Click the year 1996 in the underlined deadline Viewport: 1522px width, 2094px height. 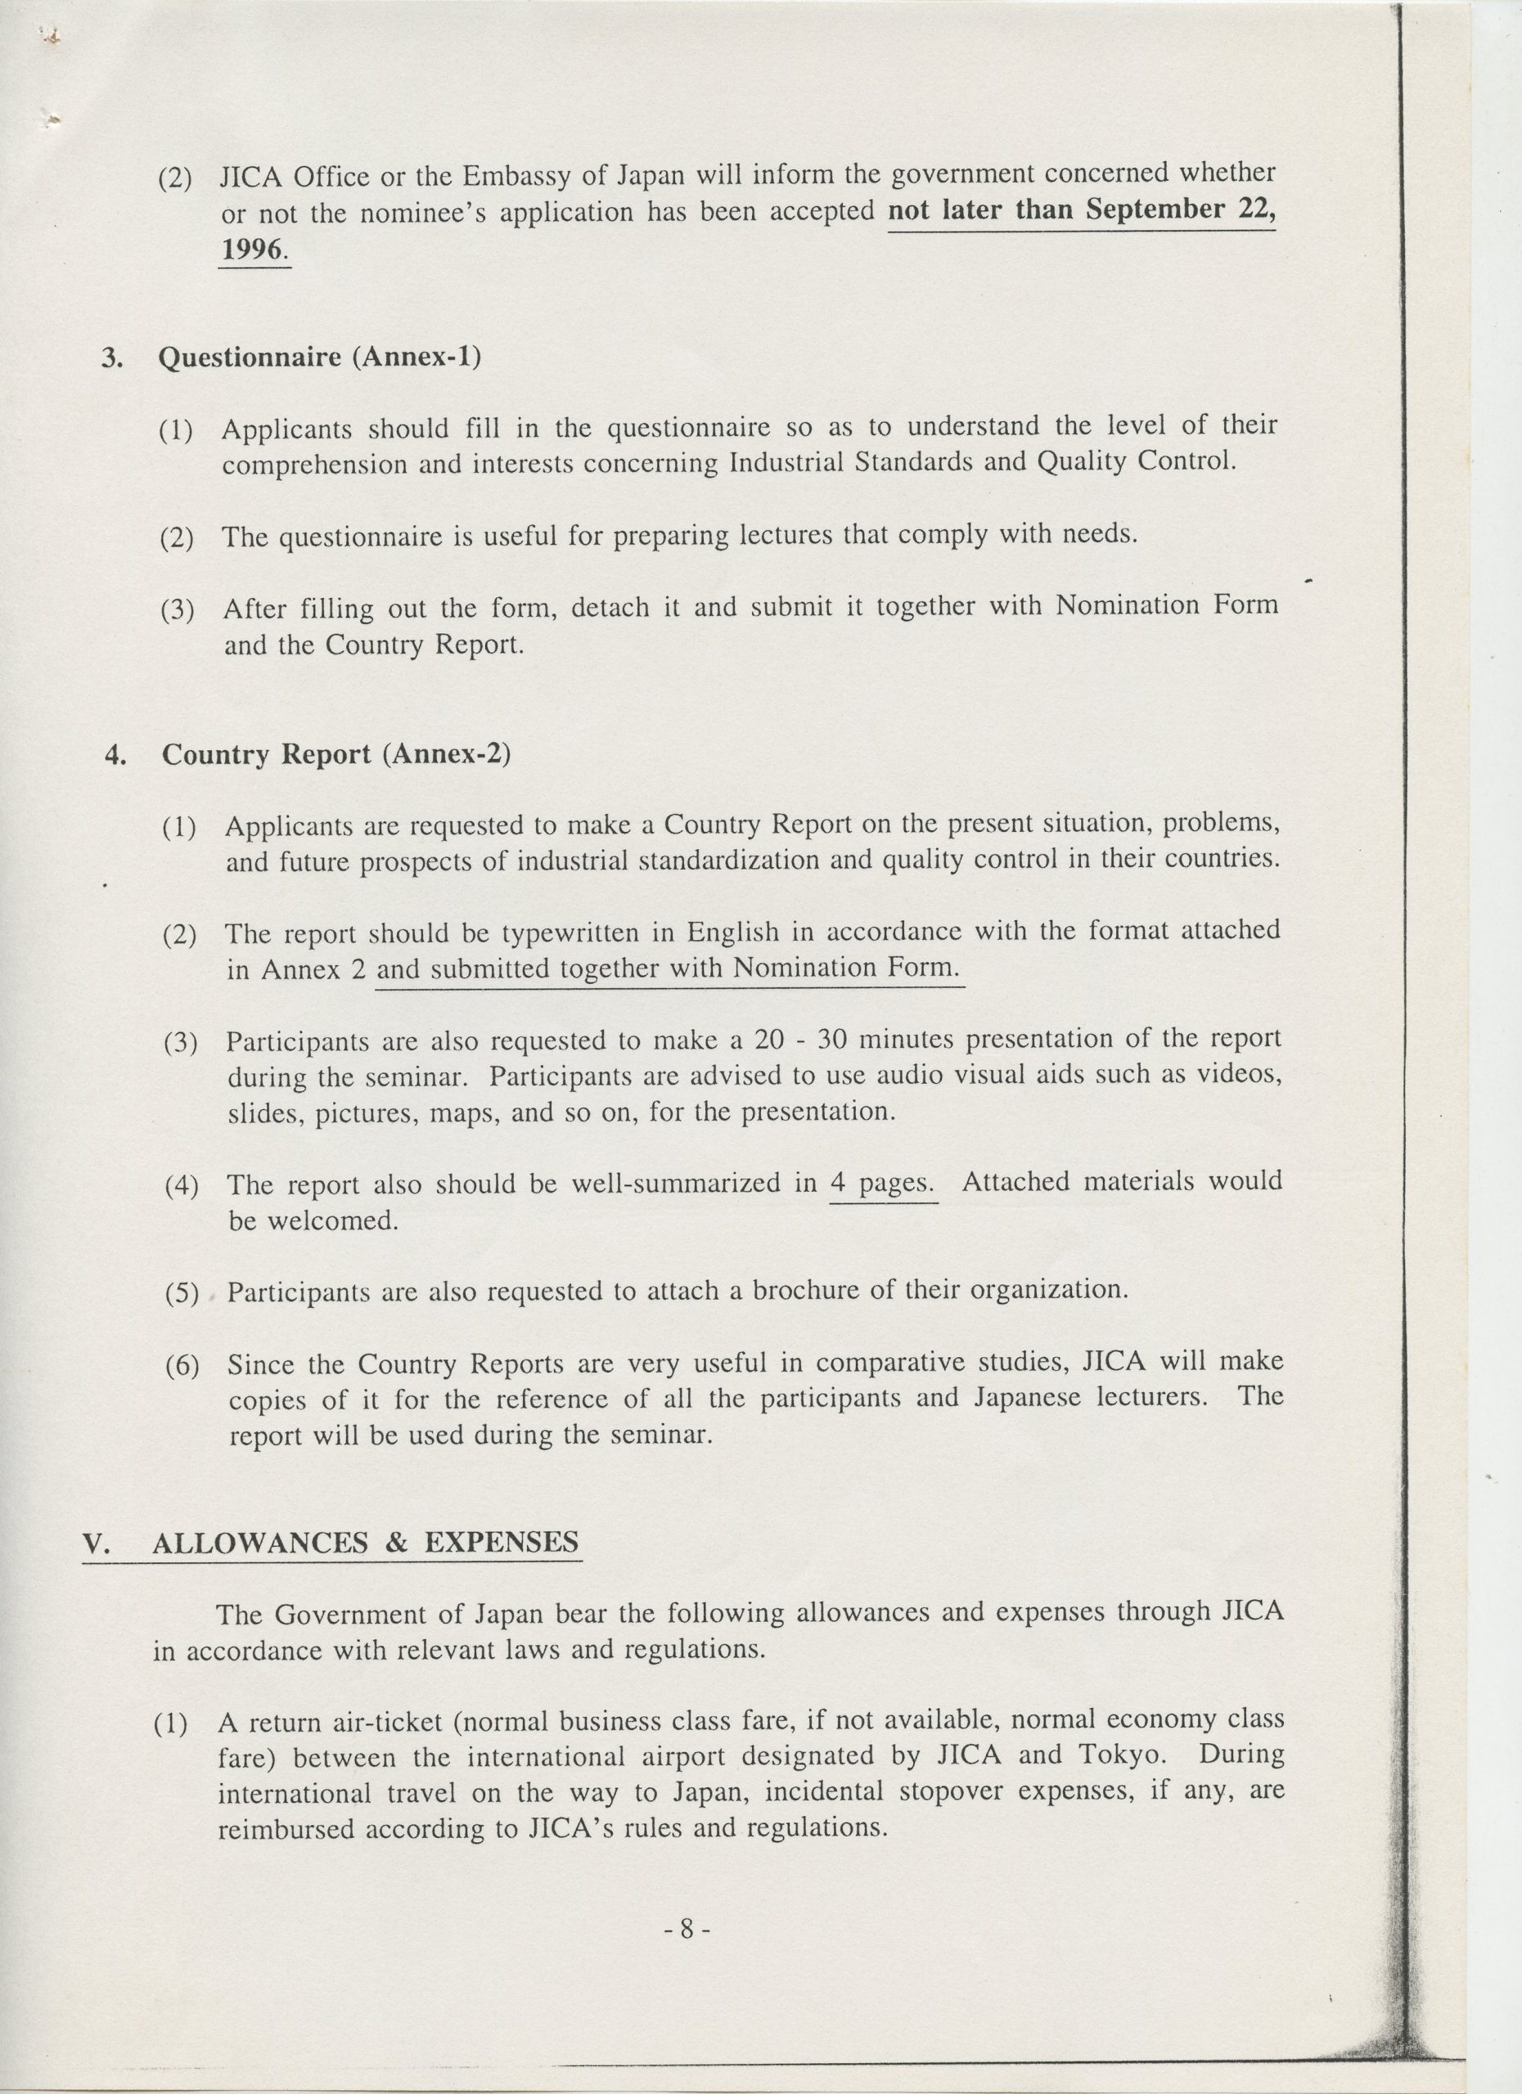tap(253, 249)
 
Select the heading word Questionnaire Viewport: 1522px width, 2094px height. tap(250, 357)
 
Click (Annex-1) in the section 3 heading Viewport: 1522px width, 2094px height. tap(416, 357)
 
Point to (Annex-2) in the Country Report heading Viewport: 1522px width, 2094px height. tap(445, 754)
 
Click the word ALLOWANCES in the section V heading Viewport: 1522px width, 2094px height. tap(259, 1543)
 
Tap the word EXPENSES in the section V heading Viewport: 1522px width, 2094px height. tap(502, 1542)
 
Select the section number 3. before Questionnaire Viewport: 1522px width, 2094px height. tap(112, 358)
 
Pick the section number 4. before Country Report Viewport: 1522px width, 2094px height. tap(115, 755)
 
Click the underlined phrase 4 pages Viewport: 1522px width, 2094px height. tap(883, 1184)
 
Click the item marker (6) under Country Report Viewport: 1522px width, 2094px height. tap(182, 1367)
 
